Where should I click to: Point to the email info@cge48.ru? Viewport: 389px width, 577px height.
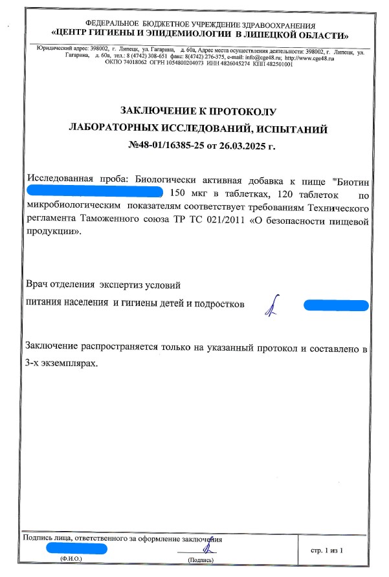pyautogui.click(x=264, y=58)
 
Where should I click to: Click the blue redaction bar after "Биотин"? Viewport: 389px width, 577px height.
pyautogui.click(x=94, y=192)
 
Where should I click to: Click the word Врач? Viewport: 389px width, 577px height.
pyautogui.click(x=38, y=285)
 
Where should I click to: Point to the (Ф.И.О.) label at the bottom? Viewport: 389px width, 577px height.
pyautogui.click(x=71, y=558)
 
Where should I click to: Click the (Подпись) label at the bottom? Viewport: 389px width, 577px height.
pyautogui.click(x=201, y=559)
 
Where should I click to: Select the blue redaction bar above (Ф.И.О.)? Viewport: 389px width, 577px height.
pyautogui.click(x=76, y=549)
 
